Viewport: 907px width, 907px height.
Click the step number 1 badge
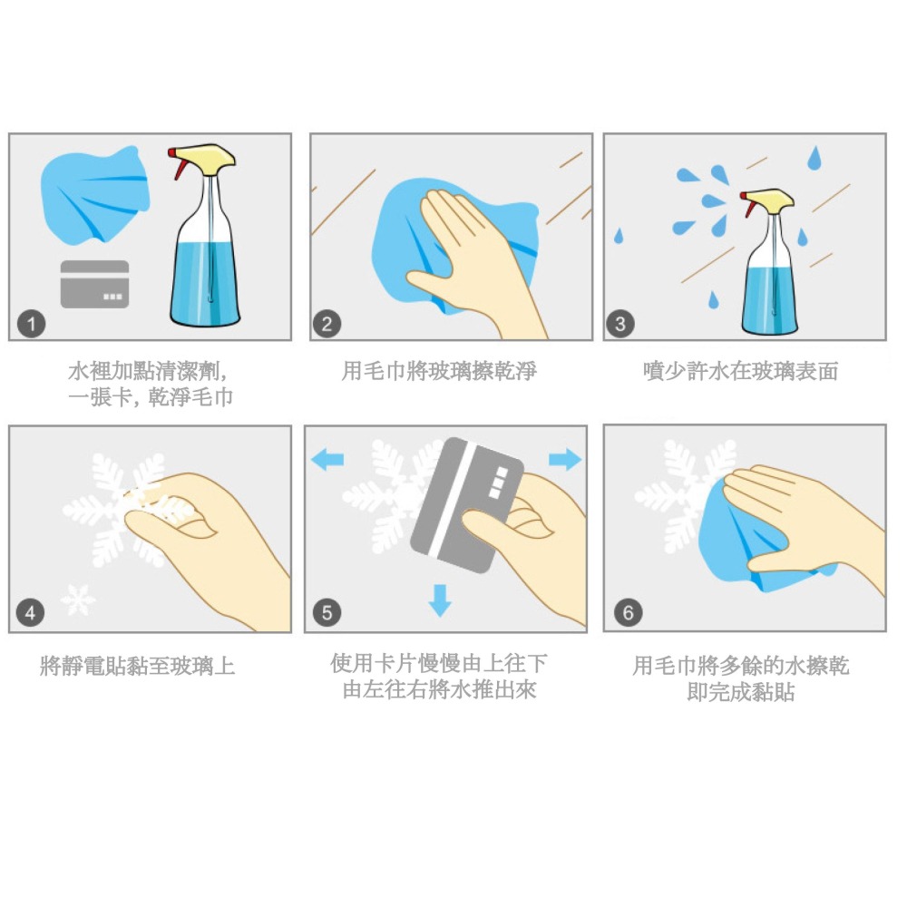(x=32, y=323)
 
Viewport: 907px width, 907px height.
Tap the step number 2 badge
(x=327, y=323)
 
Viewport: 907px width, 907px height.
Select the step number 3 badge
(x=620, y=323)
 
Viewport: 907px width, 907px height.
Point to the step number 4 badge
(x=32, y=613)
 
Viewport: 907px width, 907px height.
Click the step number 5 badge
(x=327, y=613)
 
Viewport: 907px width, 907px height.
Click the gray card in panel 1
(x=94, y=284)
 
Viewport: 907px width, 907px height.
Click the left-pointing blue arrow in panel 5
(x=327, y=460)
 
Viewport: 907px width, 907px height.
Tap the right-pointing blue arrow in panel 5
(x=564, y=460)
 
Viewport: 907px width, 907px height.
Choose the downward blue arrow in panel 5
(x=440, y=600)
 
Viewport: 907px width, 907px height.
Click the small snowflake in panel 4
(x=77, y=600)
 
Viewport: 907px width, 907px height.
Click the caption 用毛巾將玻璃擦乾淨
(x=439, y=371)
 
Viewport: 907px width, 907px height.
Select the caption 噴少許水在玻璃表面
(x=740, y=371)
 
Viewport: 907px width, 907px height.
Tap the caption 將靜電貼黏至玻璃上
(x=138, y=667)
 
